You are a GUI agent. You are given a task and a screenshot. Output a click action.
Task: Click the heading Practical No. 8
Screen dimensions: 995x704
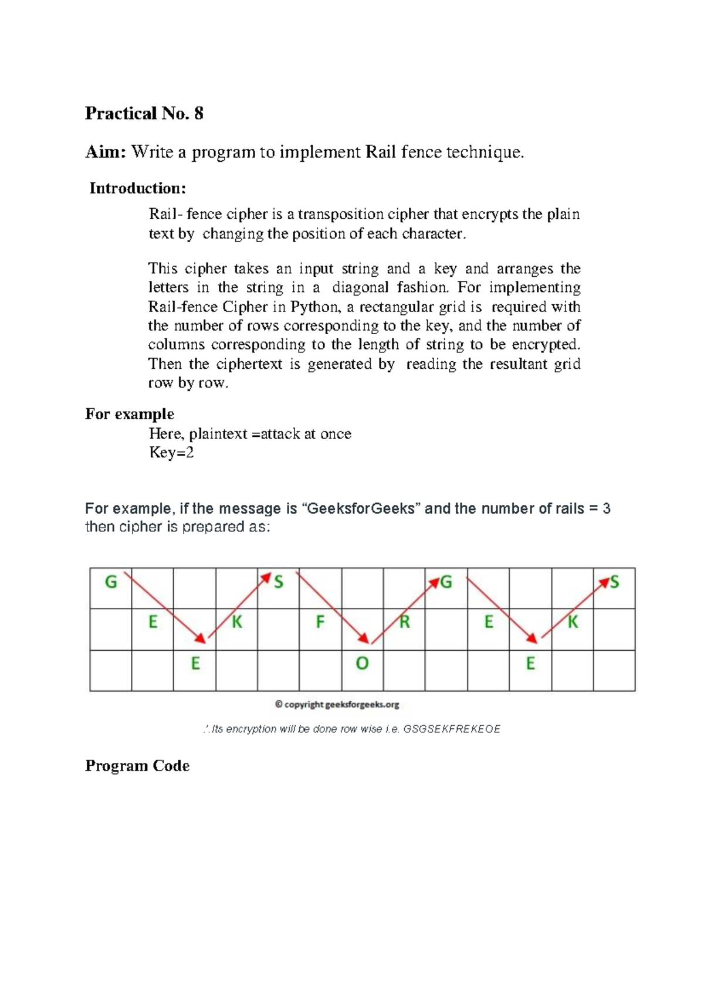pyautogui.click(x=144, y=113)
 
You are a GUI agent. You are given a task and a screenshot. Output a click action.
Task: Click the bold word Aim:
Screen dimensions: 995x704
pyautogui.click(x=105, y=152)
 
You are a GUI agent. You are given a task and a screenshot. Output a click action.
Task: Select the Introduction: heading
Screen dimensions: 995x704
pyautogui.click(x=137, y=188)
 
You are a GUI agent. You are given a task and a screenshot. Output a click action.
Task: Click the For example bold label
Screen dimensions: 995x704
pyautogui.click(x=130, y=414)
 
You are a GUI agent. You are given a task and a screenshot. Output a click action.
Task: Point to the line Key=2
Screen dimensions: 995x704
pyautogui.click(x=171, y=453)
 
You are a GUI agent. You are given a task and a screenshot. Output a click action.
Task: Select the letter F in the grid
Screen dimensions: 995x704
pyautogui.click(x=320, y=622)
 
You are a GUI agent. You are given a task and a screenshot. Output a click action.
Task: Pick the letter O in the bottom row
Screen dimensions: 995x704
pyautogui.click(x=362, y=664)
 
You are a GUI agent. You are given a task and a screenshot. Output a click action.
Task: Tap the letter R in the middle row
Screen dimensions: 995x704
pyautogui.click(x=404, y=622)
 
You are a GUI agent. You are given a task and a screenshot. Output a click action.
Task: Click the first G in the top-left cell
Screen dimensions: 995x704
pyautogui.click(x=111, y=582)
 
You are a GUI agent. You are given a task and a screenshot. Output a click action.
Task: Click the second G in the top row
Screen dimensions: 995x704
pyautogui.click(x=446, y=582)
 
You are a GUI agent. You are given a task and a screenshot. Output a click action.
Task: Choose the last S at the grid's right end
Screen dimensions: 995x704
pyautogui.click(x=614, y=582)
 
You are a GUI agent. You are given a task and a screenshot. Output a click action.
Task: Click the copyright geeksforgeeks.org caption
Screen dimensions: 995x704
pyautogui.click(x=337, y=705)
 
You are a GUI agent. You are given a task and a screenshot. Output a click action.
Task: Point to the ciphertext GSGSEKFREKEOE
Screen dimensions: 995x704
pyautogui.click(x=452, y=729)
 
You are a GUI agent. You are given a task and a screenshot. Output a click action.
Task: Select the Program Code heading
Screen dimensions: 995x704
pyautogui.click(x=137, y=766)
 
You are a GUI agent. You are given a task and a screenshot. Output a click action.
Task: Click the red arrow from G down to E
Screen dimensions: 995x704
pyautogui.click(x=165, y=607)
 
